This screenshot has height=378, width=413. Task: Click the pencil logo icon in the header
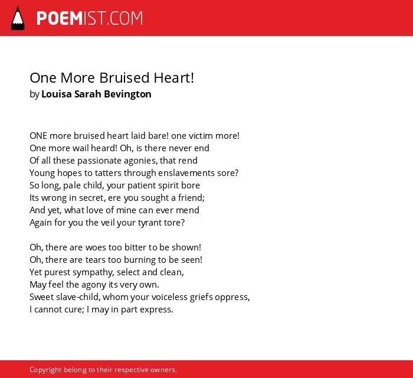[x=18, y=18]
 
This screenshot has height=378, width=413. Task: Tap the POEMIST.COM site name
[x=90, y=18]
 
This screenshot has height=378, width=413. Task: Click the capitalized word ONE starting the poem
[x=38, y=136]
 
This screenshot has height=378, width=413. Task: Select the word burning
[x=140, y=260]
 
